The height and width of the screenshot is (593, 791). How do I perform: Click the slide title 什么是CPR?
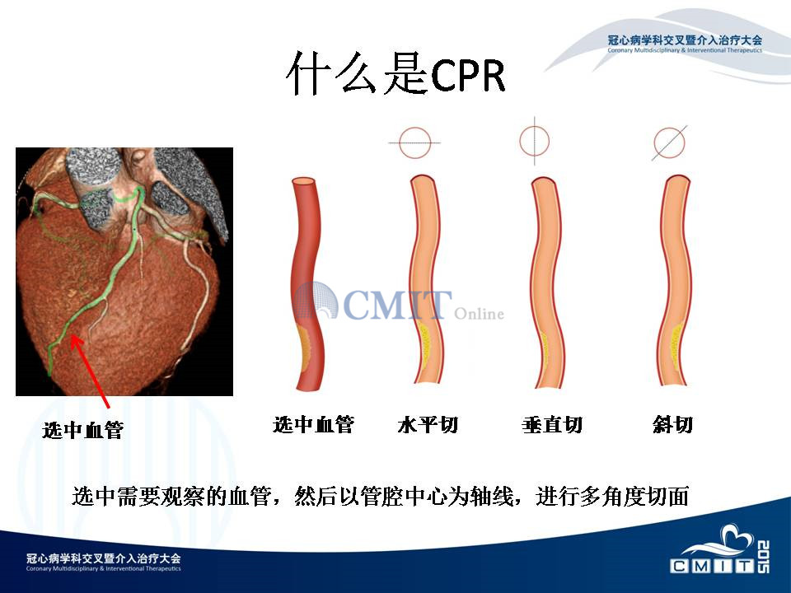[395, 73]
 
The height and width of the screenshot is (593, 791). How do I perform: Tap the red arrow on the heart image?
[90, 371]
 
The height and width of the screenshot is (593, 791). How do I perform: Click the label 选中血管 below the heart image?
[82, 430]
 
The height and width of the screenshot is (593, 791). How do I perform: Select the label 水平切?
[428, 425]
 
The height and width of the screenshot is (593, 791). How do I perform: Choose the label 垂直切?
[552, 425]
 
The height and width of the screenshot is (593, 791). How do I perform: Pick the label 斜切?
[672, 425]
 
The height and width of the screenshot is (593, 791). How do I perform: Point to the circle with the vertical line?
[535, 141]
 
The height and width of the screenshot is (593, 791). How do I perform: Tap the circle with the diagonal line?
[669, 142]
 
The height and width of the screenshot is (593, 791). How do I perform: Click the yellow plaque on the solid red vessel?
[305, 346]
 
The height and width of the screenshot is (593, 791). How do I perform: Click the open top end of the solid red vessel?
[305, 181]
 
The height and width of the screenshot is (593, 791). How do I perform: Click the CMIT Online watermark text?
[400, 304]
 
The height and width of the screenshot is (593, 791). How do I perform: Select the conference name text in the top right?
[685, 43]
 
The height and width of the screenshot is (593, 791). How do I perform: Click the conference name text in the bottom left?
[104, 562]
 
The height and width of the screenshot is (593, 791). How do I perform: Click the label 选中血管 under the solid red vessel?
[313, 425]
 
